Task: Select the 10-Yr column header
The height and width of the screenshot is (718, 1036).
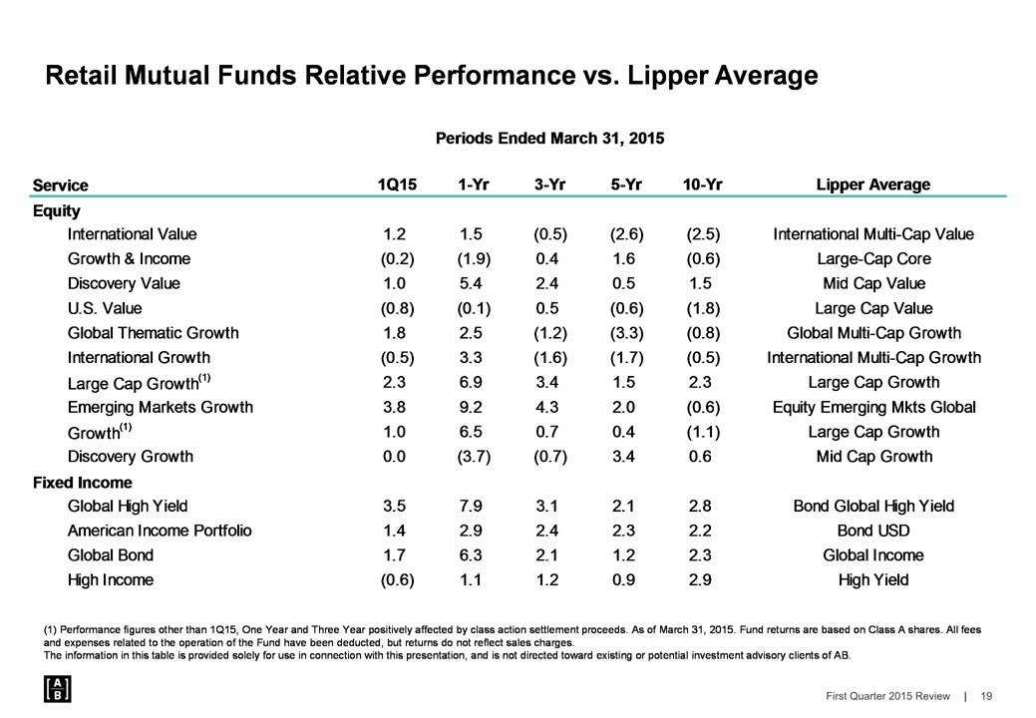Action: pos(703,184)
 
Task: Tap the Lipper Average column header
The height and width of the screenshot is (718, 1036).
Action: pos(872,184)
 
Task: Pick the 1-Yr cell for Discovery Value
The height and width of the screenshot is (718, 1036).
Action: pos(472,283)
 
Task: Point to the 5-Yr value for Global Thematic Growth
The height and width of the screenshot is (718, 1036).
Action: pos(627,333)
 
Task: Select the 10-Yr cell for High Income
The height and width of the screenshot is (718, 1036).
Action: pos(703,579)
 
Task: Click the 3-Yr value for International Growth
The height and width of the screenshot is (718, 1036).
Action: pos(550,357)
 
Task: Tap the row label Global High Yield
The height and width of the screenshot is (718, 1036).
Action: pos(128,506)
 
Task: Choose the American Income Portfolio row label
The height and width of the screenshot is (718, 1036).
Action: pos(160,531)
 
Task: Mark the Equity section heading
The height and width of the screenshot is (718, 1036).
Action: pos(57,210)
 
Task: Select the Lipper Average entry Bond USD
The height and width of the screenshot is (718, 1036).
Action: pos(872,531)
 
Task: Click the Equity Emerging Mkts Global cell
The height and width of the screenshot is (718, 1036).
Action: pos(872,407)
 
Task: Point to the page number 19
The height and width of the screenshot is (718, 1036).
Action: pos(986,696)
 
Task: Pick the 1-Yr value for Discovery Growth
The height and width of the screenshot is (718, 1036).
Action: pos(472,457)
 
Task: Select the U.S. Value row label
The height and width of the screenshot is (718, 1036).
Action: pos(105,308)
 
